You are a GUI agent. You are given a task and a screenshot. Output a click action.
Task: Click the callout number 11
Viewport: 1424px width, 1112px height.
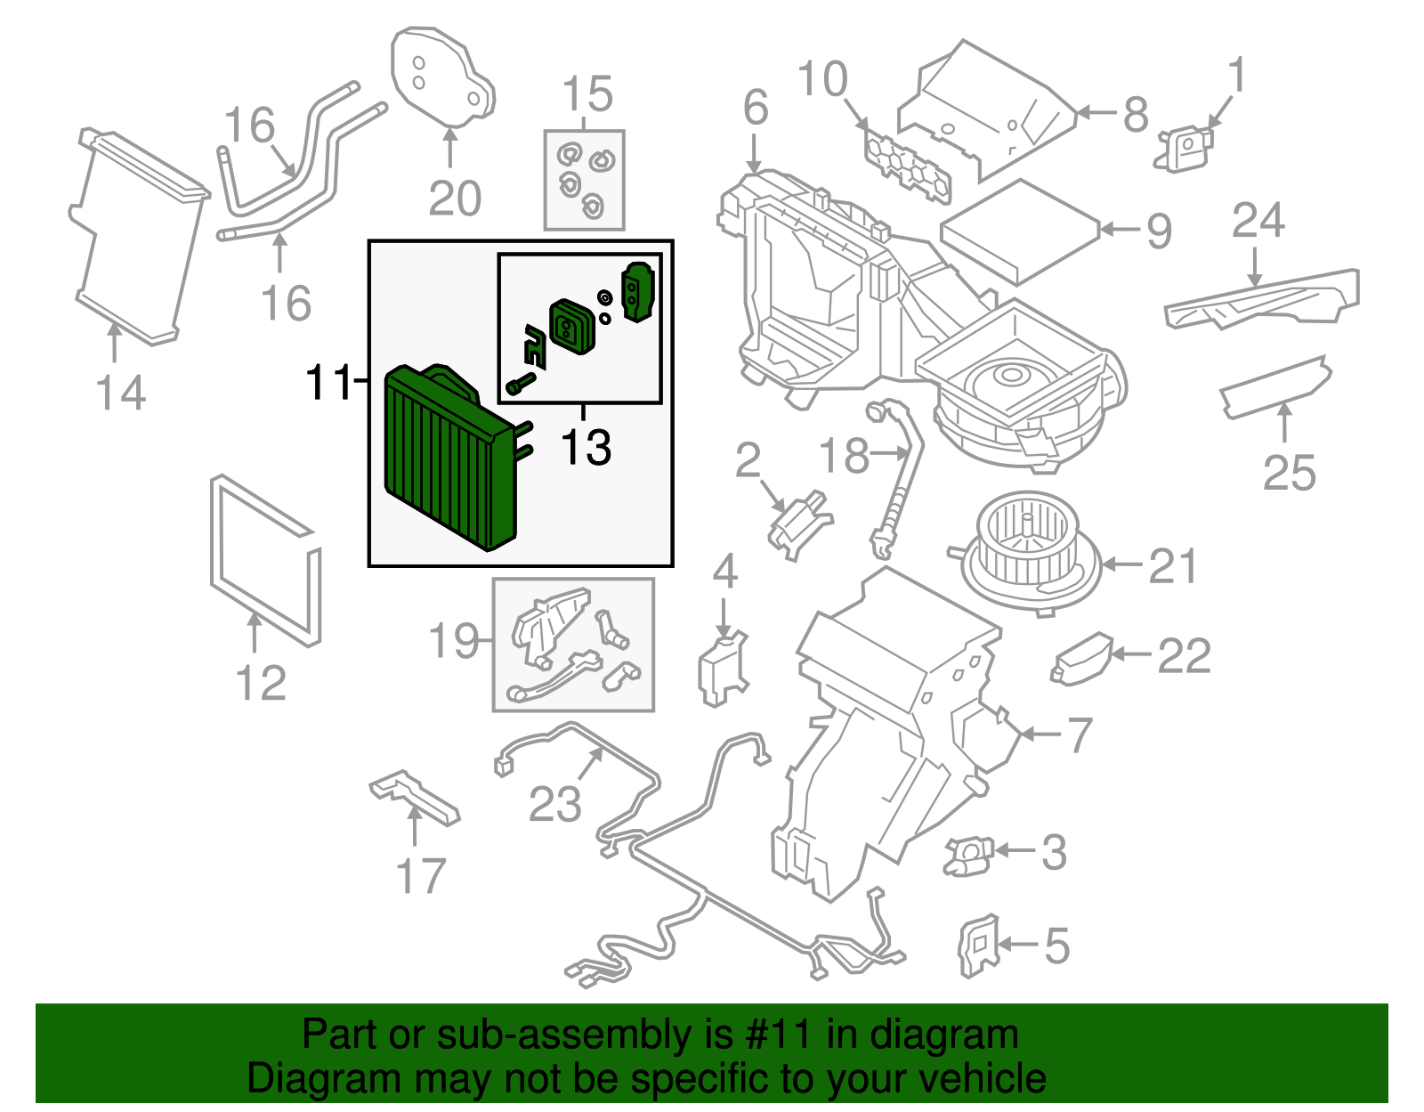[328, 383]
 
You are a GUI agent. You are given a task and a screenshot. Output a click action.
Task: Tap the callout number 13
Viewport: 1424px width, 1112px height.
[586, 448]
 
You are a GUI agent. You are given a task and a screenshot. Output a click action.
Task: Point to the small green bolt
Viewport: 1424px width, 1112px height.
[520, 385]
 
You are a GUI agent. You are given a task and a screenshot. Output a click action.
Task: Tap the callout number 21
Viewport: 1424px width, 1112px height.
[1173, 566]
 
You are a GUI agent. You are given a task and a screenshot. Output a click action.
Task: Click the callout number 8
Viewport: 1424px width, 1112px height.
[1135, 115]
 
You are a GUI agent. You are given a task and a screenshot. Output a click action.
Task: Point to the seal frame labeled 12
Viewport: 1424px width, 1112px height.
[264, 561]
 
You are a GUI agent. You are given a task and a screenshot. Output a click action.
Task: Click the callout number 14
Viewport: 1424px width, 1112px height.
[120, 394]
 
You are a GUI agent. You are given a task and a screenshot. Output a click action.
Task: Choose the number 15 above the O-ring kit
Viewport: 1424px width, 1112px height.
[587, 94]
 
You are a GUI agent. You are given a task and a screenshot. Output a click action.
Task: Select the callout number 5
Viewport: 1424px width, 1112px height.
[1056, 946]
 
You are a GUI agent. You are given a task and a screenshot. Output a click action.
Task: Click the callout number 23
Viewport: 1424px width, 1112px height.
[554, 805]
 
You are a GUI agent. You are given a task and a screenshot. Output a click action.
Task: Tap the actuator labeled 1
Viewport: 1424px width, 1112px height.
[1185, 147]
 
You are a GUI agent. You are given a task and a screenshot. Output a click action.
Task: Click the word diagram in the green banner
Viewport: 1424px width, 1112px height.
[943, 1035]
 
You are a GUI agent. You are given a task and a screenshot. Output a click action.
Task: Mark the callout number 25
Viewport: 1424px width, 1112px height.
[1288, 473]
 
